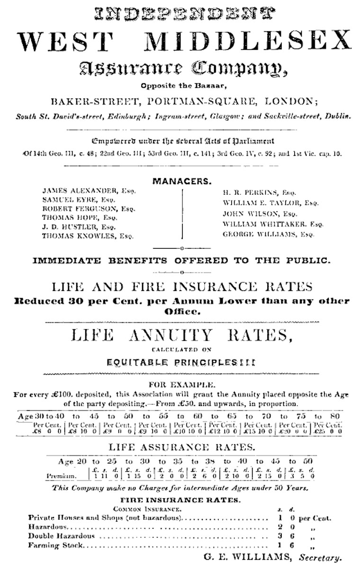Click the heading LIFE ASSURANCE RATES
coord(182,446)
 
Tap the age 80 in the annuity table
coord(335,416)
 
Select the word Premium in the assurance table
coord(62,475)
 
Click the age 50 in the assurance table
coord(308,461)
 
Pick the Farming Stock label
coord(56,545)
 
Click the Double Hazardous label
coord(62,536)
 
